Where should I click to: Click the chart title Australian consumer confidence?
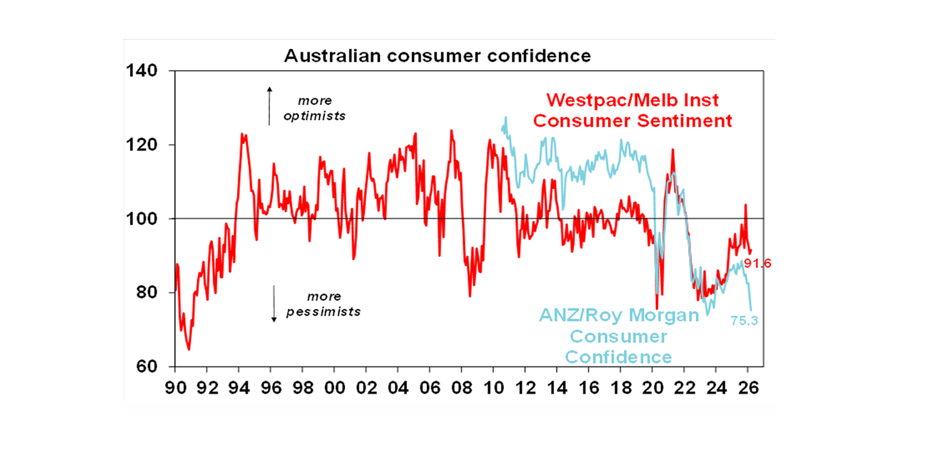click(x=437, y=56)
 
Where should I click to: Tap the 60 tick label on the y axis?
click(x=145, y=366)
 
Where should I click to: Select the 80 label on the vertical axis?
click(x=145, y=293)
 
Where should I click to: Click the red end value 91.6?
click(x=758, y=263)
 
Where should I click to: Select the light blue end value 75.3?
click(x=744, y=321)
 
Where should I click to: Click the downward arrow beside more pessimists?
click(x=273, y=303)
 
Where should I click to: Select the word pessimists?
click(x=324, y=312)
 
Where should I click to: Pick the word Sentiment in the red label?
click(x=685, y=120)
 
